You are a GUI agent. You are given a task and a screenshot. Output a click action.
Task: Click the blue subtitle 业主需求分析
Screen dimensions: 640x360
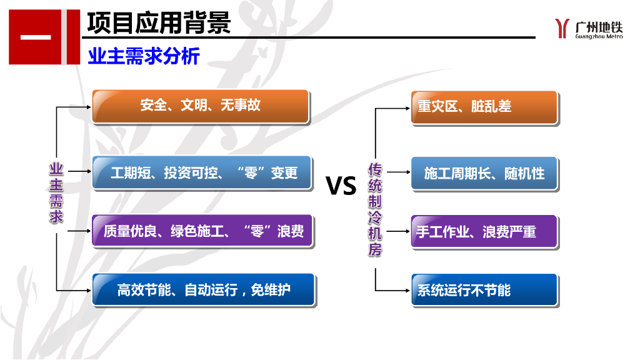(143, 56)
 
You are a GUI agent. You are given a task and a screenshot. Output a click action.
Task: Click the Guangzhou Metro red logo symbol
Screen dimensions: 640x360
(562, 28)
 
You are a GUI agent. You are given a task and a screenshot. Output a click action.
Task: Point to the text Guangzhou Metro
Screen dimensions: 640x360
(599, 36)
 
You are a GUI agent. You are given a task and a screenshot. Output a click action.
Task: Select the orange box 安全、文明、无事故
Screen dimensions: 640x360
(201, 106)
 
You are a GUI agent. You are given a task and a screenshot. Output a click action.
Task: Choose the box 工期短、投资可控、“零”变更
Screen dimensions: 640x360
(202, 172)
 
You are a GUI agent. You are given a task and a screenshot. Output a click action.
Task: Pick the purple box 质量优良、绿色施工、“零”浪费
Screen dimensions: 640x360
(202, 231)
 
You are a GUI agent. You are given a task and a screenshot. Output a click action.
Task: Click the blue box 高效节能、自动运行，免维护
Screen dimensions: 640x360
(204, 290)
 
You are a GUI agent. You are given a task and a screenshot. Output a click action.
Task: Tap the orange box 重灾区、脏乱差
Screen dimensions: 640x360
(484, 107)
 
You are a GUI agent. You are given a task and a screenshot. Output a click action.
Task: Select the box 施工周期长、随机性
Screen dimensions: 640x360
(484, 173)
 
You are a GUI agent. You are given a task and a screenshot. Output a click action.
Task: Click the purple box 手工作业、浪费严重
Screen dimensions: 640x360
(484, 232)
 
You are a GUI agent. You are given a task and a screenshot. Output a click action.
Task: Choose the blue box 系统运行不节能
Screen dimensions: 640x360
(484, 290)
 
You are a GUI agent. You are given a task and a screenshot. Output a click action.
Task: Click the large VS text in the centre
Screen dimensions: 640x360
(341, 186)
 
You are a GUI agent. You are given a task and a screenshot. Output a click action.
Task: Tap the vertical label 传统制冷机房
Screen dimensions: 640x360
(375, 209)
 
